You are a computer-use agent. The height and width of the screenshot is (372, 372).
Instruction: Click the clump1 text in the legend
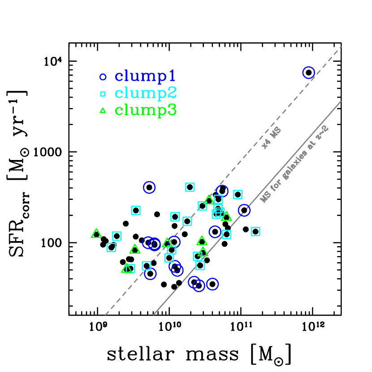pyautogui.click(x=146, y=76)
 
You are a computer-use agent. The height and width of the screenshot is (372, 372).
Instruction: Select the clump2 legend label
pyautogui.click(x=146, y=93)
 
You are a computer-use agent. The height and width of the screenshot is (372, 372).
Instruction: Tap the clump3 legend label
pyautogui.click(x=146, y=110)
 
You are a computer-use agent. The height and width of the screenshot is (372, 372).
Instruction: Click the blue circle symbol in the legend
pyautogui.click(x=103, y=77)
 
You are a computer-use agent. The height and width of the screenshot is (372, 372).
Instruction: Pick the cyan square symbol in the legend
pyautogui.click(x=103, y=94)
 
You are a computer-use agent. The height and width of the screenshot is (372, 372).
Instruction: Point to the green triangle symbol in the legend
pyautogui.click(x=103, y=111)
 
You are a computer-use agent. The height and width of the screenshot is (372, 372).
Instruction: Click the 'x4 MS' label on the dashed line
pyautogui.click(x=271, y=138)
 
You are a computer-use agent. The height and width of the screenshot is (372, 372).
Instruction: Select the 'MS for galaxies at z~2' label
pyautogui.click(x=294, y=164)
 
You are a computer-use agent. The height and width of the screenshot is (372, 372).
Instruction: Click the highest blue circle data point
pyautogui.click(x=308, y=73)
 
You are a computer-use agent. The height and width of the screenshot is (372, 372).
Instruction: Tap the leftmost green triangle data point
pyautogui.click(x=96, y=234)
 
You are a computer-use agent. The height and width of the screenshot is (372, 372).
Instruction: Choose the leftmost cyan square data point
pyautogui.click(x=111, y=247)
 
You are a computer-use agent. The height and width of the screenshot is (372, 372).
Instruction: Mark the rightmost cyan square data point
pyautogui.click(x=255, y=231)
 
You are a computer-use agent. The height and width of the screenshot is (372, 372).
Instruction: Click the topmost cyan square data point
pyautogui.click(x=190, y=187)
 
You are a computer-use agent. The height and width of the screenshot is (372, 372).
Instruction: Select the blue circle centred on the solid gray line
pyautogui.click(x=244, y=210)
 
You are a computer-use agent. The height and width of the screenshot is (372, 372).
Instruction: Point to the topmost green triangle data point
pyautogui.click(x=209, y=199)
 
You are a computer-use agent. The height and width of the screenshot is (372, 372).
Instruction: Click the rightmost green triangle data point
pyautogui.click(x=226, y=216)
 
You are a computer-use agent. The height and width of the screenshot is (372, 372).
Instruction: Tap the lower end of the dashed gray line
pyautogui.click(x=105, y=315)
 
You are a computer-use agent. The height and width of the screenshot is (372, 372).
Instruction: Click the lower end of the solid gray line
pyautogui.click(x=154, y=315)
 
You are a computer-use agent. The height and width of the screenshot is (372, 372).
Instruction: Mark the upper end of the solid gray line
pyautogui.click(x=341, y=101)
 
